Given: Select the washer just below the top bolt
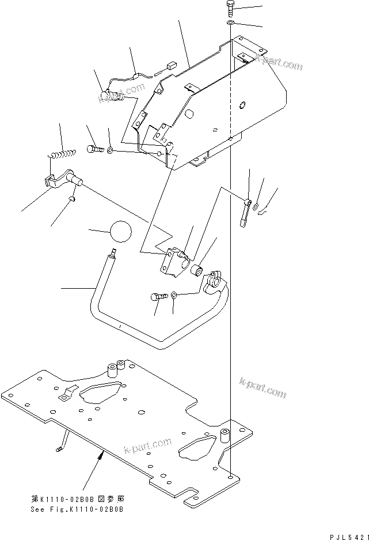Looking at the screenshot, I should pos(230,22).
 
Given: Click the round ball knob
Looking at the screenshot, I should pos(120,232).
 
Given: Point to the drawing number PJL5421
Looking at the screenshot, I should pos(343,535).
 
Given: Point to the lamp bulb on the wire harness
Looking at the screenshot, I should pos(106,95).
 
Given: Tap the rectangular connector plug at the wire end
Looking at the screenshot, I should pos(170,66).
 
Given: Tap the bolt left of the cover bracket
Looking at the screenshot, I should pos(95,149).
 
